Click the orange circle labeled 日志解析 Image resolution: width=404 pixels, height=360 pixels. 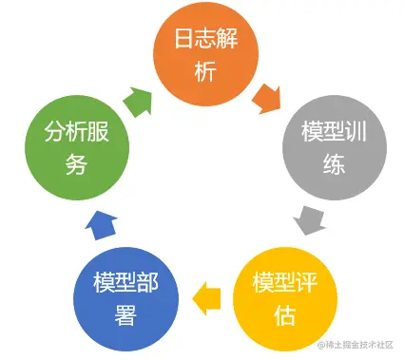[202, 54]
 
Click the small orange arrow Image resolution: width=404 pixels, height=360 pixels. [265, 96]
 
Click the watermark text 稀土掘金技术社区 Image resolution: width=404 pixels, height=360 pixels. [362, 346]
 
